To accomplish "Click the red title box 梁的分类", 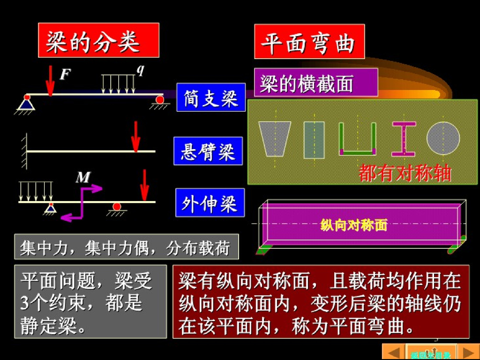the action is pyautogui.click(x=98, y=40).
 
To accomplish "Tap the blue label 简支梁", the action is pyautogui.click(x=211, y=97).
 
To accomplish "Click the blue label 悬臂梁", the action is pyautogui.click(x=208, y=151).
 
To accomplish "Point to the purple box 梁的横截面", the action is pyautogui.click(x=316, y=82).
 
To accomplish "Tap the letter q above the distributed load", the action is pyautogui.click(x=140, y=70).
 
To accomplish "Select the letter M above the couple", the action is pyautogui.click(x=83, y=178).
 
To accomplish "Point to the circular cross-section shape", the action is pyautogui.click(x=443, y=138).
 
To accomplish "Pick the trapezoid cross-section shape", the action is pyautogui.click(x=275, y=139).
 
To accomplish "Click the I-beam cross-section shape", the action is pyautogui.click(x=404, y=139).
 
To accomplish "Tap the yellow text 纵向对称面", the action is pyautogui.click(x=354, y=225).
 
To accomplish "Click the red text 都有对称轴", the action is pyautogui.click(x=405, y=173).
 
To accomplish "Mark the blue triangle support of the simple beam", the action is pyautogui.click(x=26, y=105).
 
